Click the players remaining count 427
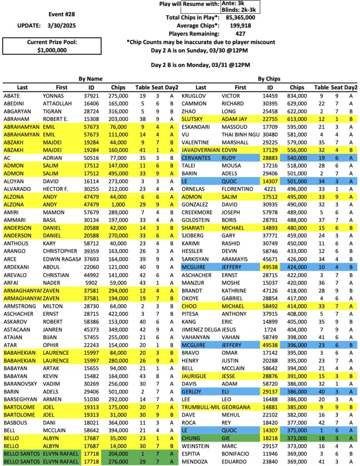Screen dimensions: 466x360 241,34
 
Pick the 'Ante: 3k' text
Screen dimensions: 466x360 233,3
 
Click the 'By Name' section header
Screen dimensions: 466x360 90,79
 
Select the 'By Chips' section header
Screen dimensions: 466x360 269,79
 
